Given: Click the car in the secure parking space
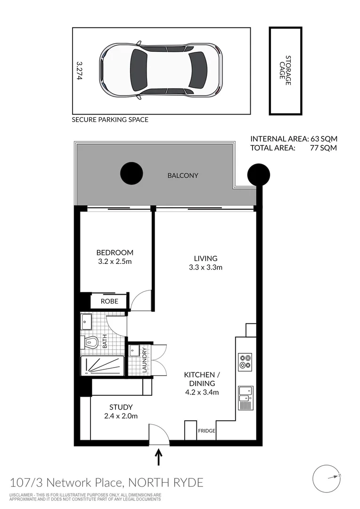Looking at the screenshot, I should tap(160, 70).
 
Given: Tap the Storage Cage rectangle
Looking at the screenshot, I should tap(285, 71).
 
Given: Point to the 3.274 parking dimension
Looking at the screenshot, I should tap(79, 70).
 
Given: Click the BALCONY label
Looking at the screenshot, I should tap(183, 176).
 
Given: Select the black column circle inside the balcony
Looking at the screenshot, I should tap(131, 173).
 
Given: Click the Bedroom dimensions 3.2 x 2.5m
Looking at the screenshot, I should tap(115, 261).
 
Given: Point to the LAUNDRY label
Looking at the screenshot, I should tap(145, 360).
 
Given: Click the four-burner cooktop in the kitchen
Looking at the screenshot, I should tap(245, 361).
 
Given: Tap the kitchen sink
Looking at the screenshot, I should tap(245, 395).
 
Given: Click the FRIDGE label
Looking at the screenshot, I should tap(207, 431).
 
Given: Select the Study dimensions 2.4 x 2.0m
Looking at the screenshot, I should tap(121, 416).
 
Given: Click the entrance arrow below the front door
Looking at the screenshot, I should tap(159, 457).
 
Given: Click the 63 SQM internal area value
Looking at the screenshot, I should tap(323, 139).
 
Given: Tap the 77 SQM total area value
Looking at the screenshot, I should tap(323, 148).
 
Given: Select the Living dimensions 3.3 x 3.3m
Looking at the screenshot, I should tap(206, 267).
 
